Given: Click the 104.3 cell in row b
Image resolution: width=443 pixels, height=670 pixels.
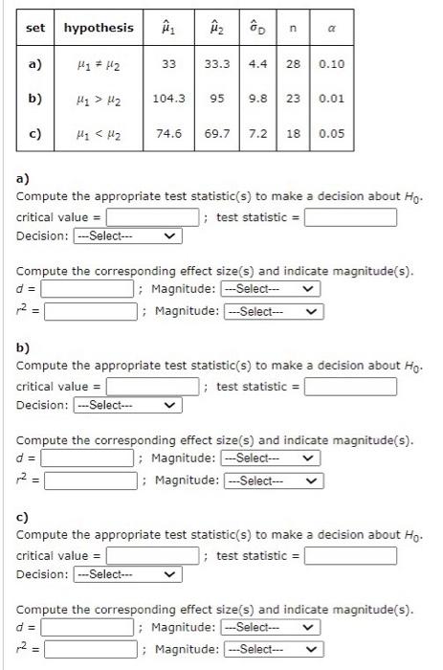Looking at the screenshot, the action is [168, 99].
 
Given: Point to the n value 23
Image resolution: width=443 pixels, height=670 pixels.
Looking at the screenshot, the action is [294, 99].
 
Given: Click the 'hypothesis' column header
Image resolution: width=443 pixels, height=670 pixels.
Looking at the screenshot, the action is [99, 27].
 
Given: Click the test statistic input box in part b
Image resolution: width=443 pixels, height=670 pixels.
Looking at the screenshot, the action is [350, 387].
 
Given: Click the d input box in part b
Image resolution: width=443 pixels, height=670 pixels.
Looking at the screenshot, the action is [86, 458].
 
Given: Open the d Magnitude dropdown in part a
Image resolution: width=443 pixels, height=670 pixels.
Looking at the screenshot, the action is [270, 289].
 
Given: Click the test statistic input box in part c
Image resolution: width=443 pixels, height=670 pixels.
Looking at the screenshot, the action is [350, 556].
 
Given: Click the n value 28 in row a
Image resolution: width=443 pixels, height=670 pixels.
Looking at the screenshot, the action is [294, 64].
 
